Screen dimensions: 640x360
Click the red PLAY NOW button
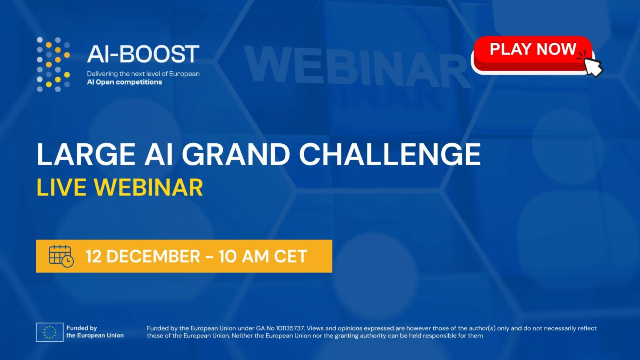click(x=533, y=54)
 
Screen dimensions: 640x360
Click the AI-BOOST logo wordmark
click(x=143, y=54)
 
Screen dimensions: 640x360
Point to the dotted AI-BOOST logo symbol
click(x=53, y=65)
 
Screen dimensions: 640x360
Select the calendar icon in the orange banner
click(x=61, y=256)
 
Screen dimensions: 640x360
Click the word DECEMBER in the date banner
click(x=153, y=256)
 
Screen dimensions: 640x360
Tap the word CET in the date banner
click(x=290, y=256)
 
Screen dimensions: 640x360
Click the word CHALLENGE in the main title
click(x=390, y=154)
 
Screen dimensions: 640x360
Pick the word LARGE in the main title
click(x=86, y=154)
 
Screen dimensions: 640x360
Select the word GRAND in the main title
click(x=236, y=154)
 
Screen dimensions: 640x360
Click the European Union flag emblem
click(x=50, y=332)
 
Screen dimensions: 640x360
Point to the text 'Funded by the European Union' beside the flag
click(x=95, y=332)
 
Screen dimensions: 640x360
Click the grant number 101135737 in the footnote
click(x=290, y=328)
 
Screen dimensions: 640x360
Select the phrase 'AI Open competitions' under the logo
click(x=124, y=82)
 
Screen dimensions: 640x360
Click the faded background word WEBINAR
click(x=357, y=66)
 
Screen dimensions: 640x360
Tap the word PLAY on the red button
click(x=510, y=49)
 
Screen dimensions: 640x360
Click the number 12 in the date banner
click(x=93, y=256)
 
